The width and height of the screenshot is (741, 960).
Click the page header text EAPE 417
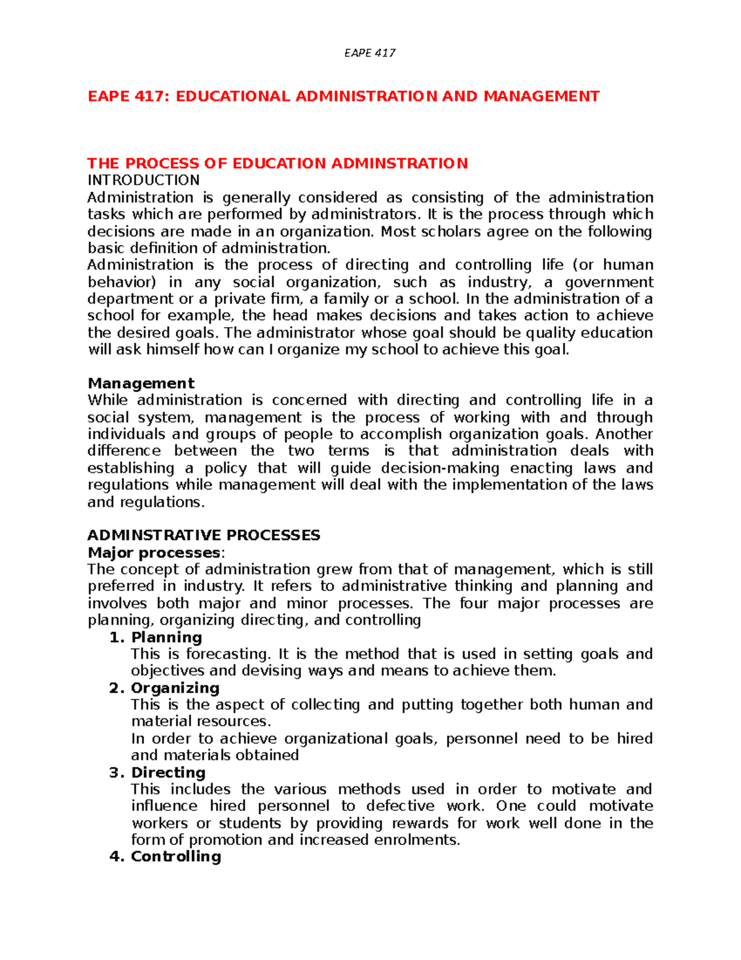(369, 53)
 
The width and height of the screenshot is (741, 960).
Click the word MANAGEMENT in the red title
(541, 96)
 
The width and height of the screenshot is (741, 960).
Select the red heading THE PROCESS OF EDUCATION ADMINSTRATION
(277, 164)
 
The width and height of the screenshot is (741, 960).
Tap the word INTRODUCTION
(143, 181)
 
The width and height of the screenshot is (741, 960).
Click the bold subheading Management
(141, 383)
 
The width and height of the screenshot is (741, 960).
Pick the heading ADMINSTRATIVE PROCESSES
(204, 535)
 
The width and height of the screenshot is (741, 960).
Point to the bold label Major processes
(154, 553)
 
